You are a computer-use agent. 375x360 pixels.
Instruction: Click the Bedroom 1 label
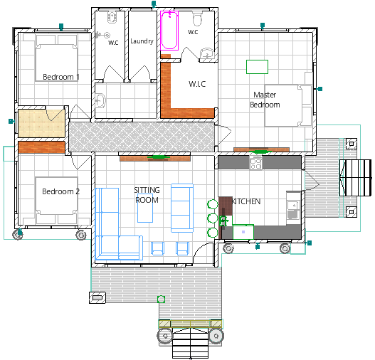[61, 77]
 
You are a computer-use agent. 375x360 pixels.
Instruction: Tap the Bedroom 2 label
[60, 191]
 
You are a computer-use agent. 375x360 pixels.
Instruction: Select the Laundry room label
[142, 41]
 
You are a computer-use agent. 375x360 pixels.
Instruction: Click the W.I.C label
[197, 84]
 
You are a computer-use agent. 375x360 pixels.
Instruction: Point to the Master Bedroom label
[265, 100]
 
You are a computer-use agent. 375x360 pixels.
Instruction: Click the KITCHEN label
[246, 201]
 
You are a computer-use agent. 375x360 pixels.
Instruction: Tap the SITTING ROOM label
[147, 195]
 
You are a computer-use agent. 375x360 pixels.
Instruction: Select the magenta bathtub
[169, 31]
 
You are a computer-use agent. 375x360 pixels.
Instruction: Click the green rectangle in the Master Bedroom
[257, 67]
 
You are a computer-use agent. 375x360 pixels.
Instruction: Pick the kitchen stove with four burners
[255, 164]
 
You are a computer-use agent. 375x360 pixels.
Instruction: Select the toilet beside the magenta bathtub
[198, 18]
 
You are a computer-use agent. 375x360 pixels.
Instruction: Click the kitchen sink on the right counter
[293, 210]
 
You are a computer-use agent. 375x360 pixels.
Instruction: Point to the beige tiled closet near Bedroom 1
[41, 124]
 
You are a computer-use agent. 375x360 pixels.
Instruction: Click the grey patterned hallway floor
[142, 137]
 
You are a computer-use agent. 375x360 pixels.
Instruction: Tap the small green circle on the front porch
[162, 299]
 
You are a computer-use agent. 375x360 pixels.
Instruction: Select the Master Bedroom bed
[288, 105]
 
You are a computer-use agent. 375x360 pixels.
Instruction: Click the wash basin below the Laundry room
[100, 100]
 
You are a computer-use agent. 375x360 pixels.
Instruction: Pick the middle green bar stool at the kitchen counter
[212, 218]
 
